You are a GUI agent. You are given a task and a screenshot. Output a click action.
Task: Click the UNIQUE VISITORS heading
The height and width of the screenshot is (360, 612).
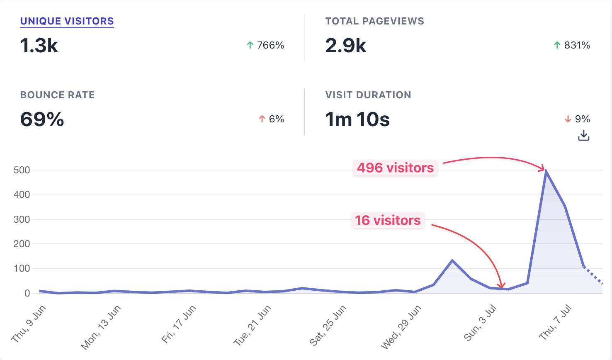(67, 21)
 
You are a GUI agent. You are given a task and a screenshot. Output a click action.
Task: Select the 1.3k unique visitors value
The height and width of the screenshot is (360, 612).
(39, 45)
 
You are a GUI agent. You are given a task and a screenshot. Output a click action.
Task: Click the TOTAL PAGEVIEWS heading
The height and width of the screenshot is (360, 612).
(374, 21)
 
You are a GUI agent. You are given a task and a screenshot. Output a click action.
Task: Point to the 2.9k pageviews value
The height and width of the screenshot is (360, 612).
(346, 45)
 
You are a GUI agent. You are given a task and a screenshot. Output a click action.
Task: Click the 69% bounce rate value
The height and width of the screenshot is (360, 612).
(42, 119)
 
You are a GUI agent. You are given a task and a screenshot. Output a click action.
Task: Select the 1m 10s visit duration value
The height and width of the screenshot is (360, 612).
(357, 119)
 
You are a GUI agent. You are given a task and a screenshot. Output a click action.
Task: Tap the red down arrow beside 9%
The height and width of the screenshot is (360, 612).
(568, 119)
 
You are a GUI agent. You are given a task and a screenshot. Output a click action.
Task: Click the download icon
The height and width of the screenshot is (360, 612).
(584, 135)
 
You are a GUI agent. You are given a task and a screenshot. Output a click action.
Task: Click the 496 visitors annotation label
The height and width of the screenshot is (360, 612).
(395, 168)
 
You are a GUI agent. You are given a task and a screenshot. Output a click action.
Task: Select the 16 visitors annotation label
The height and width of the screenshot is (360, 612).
(388, 220)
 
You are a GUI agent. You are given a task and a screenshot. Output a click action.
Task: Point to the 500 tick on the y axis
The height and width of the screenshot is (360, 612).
(22, 170)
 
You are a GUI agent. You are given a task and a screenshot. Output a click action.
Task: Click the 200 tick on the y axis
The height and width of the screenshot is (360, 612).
(22, 244)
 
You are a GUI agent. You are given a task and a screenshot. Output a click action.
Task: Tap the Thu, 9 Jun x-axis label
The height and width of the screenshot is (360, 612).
(29, 324)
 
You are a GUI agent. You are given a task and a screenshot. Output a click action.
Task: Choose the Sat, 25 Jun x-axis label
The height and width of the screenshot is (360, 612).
(328, 326)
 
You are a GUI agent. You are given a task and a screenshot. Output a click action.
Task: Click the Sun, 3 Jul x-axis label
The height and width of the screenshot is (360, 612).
(480, 323)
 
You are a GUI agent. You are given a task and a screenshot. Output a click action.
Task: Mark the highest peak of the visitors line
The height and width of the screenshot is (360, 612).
(546, 171)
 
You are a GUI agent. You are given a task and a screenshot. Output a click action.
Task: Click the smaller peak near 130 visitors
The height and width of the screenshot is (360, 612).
(452, 260)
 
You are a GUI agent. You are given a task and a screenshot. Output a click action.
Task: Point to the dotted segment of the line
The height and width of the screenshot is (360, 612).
(593, 275)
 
